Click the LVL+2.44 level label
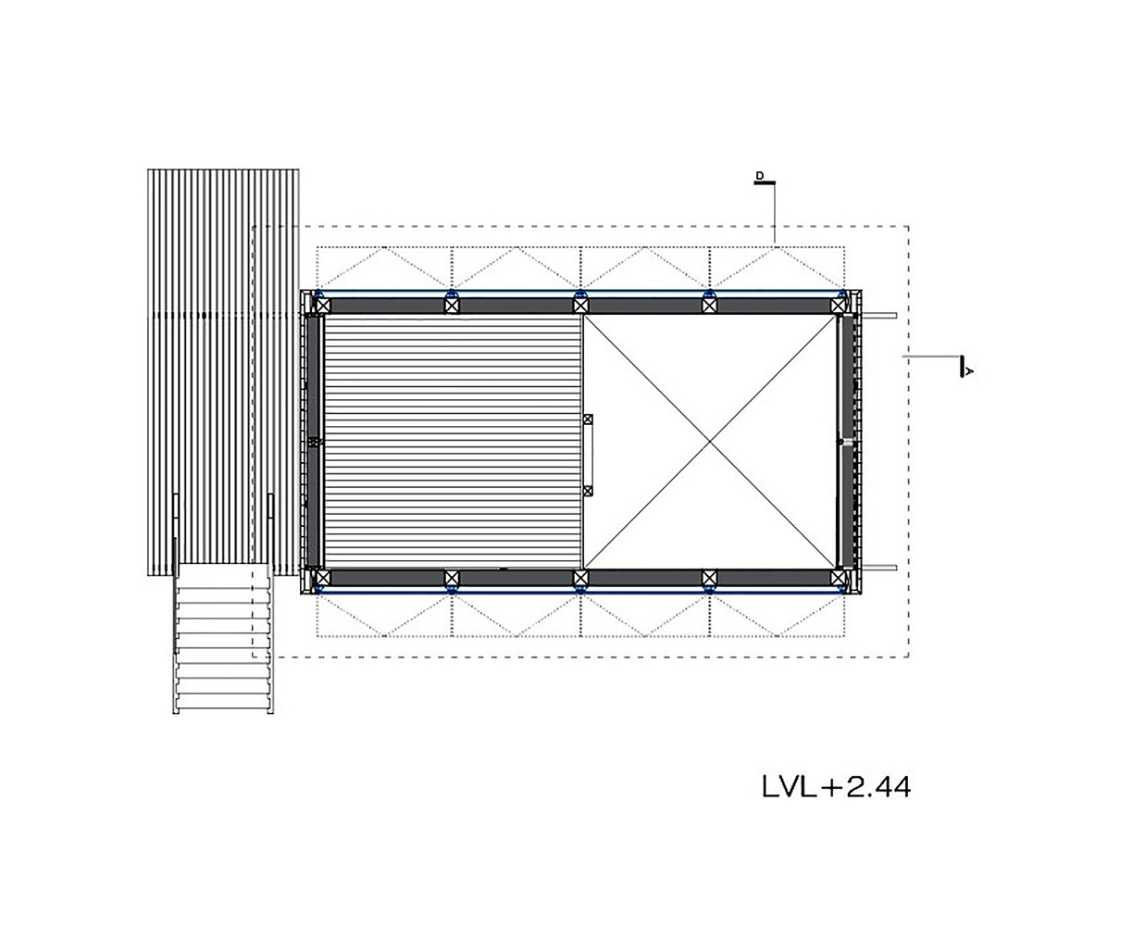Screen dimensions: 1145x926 pyautogui.click(x=836, y=786)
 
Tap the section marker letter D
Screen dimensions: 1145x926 pyautogui.click(x=760, y=176)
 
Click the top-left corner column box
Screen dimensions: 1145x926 pyautogui.click(x=322, y=306)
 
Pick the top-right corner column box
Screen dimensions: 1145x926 pyautogui.click(x=838, y=306)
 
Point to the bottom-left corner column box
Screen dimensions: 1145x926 pyautogui.click(x=322, y=578)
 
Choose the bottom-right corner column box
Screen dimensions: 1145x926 pyautogui.click(x=838, y=578)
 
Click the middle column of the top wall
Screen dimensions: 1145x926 pyautogui.click(x=580, y=306)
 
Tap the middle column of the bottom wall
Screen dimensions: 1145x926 pyautogui.click(x=580, y=578)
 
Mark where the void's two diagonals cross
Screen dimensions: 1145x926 pyautogui.click(x=710, y=442)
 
